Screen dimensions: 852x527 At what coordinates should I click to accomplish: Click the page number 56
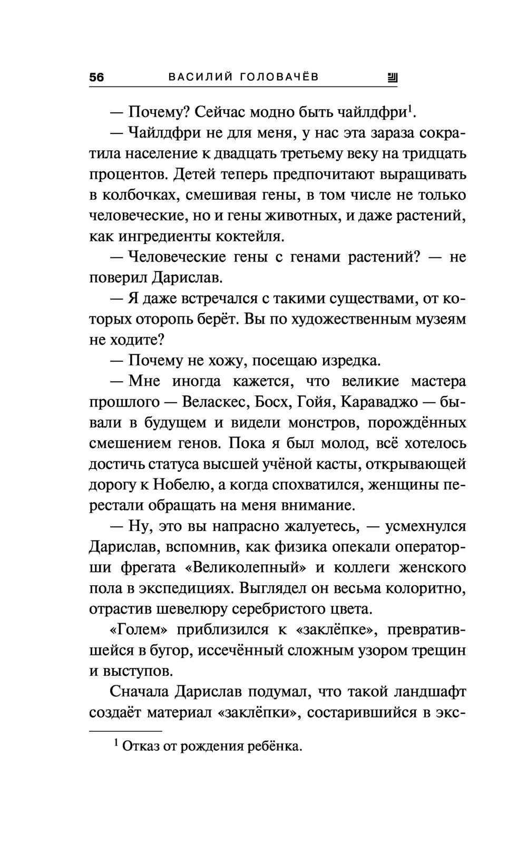click(97, 77)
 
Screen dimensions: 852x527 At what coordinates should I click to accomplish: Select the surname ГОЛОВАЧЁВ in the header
click(279, 77)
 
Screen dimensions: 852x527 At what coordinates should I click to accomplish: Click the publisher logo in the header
click(393, 78)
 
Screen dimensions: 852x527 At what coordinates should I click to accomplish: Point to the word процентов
click(128, 175)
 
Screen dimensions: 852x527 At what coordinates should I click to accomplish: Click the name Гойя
click(314, 402)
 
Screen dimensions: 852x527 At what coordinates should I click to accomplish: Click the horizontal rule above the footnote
click(125, 731)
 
